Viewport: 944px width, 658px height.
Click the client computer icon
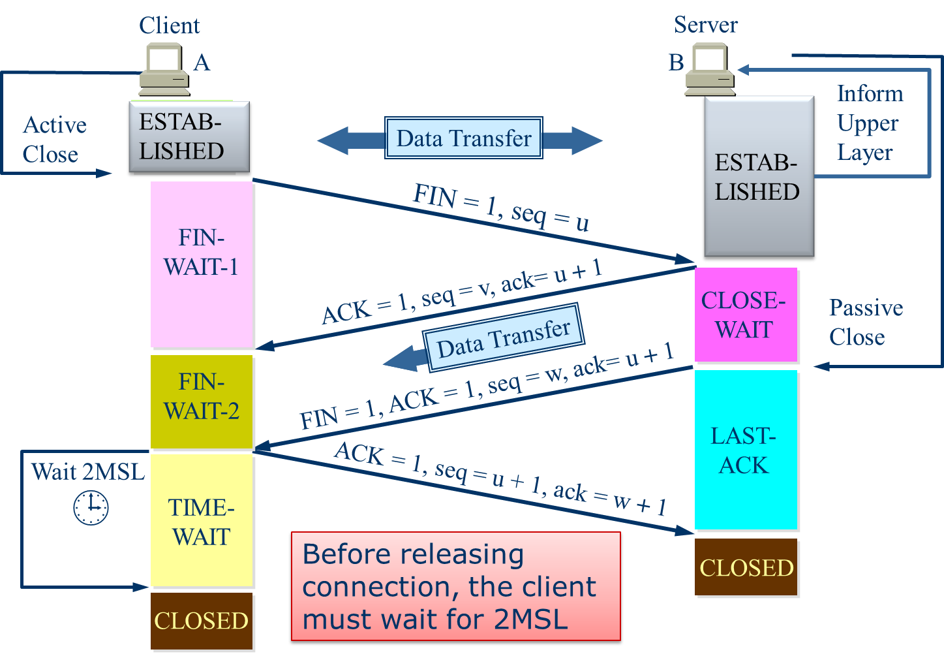click(164, 69)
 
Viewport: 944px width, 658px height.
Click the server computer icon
click(709, 68)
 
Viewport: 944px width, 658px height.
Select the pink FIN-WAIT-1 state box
click(202, 264)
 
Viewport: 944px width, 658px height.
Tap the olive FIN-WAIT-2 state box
click(202, 401)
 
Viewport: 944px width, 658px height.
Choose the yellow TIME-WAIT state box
click(202, 521)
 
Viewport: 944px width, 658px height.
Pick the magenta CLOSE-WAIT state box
click(746, 315)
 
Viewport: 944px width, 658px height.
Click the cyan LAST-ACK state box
click(746, 450)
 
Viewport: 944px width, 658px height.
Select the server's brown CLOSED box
click(746, 567)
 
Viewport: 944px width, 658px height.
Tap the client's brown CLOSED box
click(202, 621)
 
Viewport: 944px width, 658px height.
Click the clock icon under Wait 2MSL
click(91, 507)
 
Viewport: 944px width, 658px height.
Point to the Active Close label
click(53, 140)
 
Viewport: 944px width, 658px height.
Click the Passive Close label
click(865, 322)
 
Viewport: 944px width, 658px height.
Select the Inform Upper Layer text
click(868, 123)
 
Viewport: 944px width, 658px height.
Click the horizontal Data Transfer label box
click(463, 138)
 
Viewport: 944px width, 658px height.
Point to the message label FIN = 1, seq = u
click(500, 208)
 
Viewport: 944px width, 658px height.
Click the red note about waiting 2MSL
click(455, 586)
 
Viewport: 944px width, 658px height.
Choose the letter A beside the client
click(202, 63)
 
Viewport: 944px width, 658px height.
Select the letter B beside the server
click(676, 63)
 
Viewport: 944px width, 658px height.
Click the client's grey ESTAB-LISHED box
click(189, 136)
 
